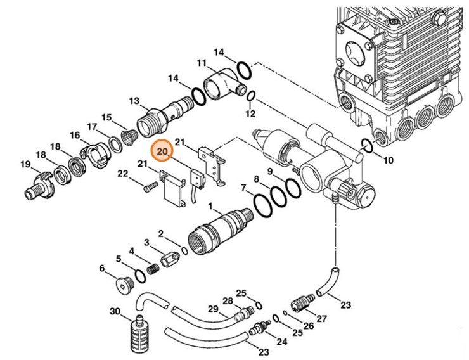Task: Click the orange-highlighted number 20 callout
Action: pos(162,151)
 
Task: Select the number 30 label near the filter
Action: pos(115,311)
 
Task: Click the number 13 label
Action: pos(134,101)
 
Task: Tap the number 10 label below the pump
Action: pos(388,160)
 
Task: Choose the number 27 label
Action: pos(321,318)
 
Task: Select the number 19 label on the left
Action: pos(25,165)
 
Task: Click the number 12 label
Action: pos(250,114)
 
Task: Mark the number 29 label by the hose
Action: pos(212,309)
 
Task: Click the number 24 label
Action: pos(281,342)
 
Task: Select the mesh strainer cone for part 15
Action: pos(129,136)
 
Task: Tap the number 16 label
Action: pos(75,136)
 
